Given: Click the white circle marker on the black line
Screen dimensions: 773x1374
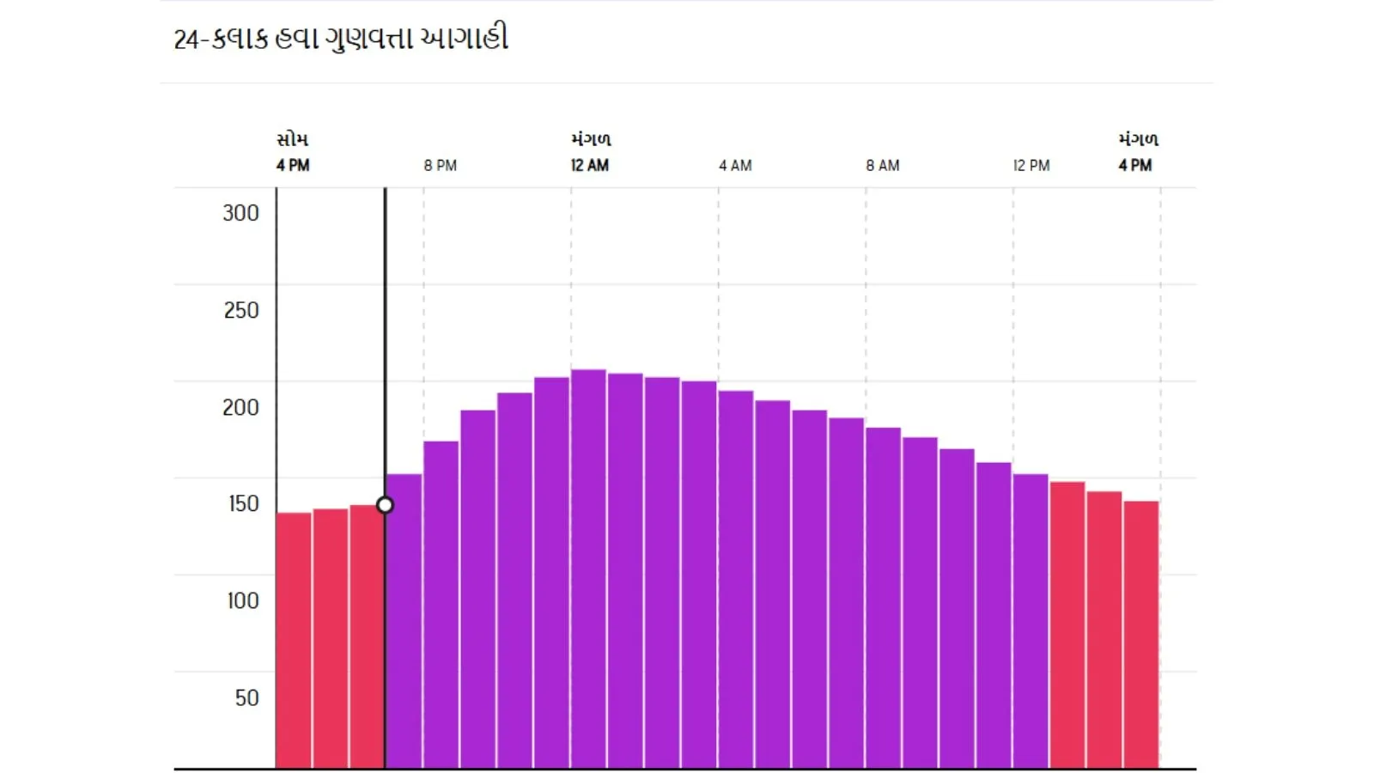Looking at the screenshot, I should click(385, 505).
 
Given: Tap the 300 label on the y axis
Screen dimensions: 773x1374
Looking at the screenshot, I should click(240, 213).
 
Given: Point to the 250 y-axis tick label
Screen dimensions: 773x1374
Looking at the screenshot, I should click(240, 310).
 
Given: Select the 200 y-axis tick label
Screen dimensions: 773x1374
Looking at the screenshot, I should click(240, 407).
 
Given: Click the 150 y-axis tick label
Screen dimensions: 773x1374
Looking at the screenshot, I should click(243, 503).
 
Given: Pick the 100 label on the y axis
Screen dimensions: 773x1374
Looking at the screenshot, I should click(242, 600).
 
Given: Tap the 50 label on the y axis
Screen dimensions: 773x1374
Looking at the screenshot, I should click(246, 697).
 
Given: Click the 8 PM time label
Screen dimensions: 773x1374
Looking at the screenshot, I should click(440, 165).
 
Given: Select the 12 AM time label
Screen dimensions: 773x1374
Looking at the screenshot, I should click(589, 165).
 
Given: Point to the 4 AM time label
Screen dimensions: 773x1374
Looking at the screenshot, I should click(735, 165).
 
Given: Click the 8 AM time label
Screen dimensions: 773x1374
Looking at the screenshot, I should click(882, 165).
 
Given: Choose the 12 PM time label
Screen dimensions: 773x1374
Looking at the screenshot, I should click(1030, 165).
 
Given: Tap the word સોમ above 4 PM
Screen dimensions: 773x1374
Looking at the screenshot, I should click(292, 139).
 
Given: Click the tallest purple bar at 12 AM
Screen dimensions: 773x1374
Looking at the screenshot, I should click(588, 567).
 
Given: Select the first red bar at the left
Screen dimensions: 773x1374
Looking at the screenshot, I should click(294, 640).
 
